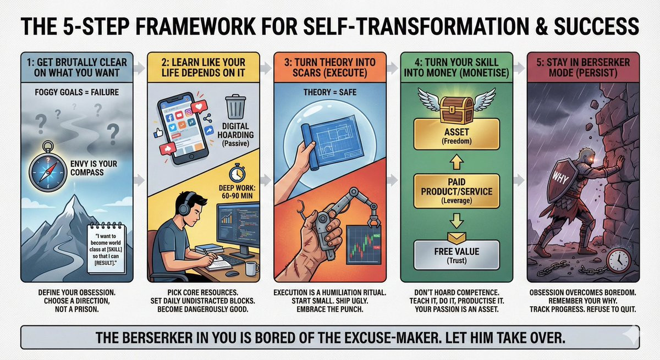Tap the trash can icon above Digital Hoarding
point(235,107)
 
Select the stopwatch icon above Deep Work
point(237,173)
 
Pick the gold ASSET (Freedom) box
point(457,134)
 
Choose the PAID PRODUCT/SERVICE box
point(457,191)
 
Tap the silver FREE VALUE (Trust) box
point(457,255)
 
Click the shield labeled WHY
point(562,180)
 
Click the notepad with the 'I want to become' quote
point(107,248)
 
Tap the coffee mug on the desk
point(252,268)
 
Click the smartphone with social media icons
point(183,128)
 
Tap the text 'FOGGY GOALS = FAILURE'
point(77,92)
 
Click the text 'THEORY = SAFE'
point(330,92)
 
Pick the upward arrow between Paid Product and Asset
point(457,162)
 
